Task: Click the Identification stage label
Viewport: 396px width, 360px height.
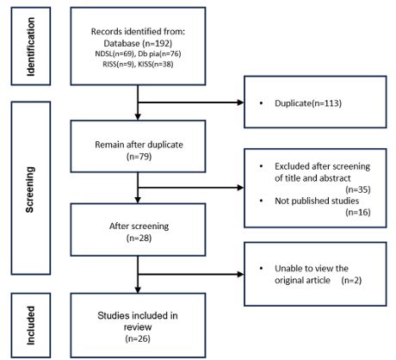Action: pyautogui.click(x=31, y=47)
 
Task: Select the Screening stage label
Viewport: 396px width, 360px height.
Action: pyautogui.click(x=30, y=189)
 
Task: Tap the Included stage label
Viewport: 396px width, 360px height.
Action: pyautogui.click(x=31, y=326)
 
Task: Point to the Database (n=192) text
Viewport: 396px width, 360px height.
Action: pyautogui.click(x=138, y=43)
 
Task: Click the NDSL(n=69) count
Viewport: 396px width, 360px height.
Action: pyautogui.click(x=114, y=53)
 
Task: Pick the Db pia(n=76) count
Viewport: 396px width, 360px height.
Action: pyautogui.click(x=159, y=53)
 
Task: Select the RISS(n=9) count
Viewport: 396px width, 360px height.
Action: pyautogui.click(x=118, y=64)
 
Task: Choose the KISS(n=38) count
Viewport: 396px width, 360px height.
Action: pyautogui.click(x=156, y=64)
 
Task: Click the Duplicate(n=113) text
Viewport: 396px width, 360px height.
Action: pyautogui.click(x=308, y=103)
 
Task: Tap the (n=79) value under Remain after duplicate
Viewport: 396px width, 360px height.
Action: pyautogui.click(x=139, y=157)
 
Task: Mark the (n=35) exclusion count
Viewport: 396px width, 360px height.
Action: pyautogui.click(x=358, y=189)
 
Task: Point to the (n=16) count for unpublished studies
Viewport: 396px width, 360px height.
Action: pyautogui.click(x=358, y=212)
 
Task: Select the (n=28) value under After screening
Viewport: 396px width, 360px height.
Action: pyautogui.click(x=139, y=238)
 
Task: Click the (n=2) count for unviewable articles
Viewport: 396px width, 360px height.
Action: pyautogui.click(x=351, y=280)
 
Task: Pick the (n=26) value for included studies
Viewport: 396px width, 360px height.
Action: pyautogui.click(x=138, y=338)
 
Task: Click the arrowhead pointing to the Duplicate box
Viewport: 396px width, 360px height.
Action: pyautogui.click(x=240, y=102)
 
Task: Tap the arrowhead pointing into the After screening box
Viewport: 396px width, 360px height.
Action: pyautogui.click(x=138, y=200)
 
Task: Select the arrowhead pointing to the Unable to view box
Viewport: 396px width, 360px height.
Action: pyautogui.click(x=240, y=274)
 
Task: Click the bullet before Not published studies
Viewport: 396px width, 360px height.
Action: pyautogui.click(x=261, y=201)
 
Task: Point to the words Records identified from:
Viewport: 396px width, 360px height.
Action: pyautogui.click(x=138, y=31)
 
